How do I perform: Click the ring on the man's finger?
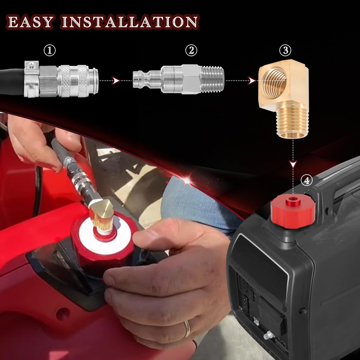tap(187, 330)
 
